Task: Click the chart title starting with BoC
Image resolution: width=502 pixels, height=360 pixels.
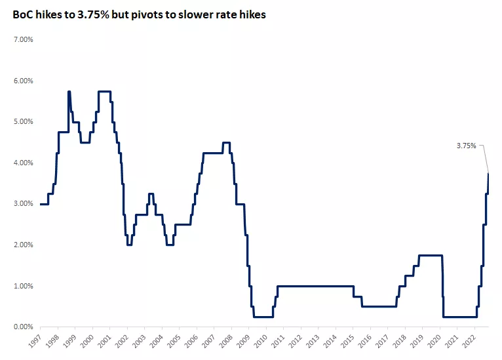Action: coord(139,15)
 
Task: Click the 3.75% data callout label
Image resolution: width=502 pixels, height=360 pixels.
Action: coord(466,146)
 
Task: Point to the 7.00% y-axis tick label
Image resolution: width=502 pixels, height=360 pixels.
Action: coord(24,40)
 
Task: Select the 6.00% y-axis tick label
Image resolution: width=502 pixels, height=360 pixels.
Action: coord(24,81)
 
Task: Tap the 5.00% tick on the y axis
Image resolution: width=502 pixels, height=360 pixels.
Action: coord(24,122)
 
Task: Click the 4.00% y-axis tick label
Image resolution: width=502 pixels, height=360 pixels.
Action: coord(24,163)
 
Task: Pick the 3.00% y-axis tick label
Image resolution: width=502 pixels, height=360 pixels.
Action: coord(24,204)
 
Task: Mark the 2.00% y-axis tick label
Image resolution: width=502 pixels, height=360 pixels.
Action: coord(24,245)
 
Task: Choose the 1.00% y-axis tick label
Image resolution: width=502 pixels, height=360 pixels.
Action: coord(24,286)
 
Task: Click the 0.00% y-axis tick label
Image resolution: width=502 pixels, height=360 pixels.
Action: coord(24,327)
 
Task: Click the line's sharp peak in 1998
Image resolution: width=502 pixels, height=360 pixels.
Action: coord(69,92)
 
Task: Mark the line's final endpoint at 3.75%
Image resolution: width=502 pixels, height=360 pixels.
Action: coord(488,173)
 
